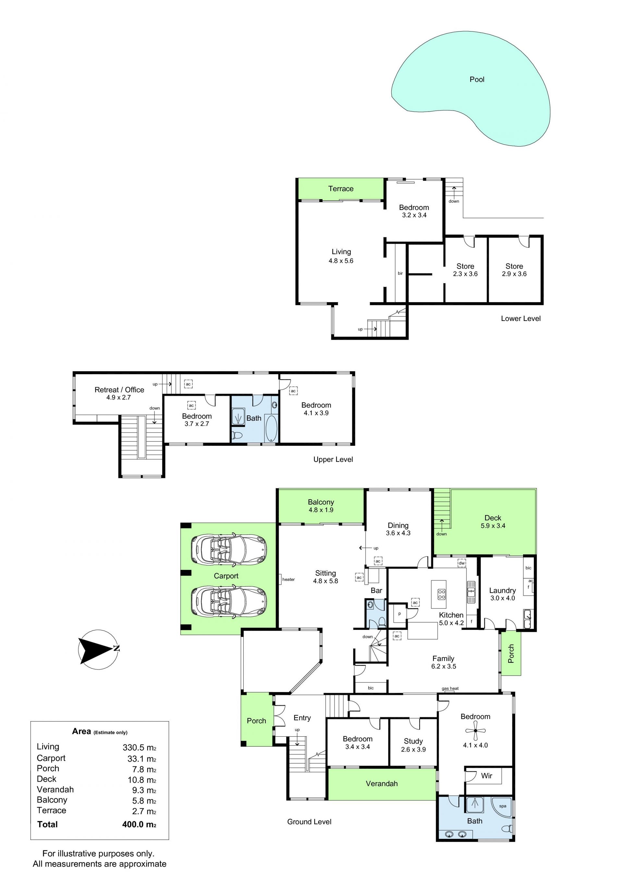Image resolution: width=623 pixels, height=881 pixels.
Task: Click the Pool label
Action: click(x=477, y=80)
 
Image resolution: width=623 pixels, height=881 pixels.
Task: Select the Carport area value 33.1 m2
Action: click(x=141, y=759)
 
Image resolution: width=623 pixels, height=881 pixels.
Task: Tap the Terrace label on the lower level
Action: click(x=341, y=189)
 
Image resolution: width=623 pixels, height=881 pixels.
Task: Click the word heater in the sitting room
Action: click(x=288, y=580)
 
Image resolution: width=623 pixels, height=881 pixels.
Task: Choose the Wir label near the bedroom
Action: click(x=486, y=776)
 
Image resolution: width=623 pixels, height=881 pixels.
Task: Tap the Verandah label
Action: click(x=382, y=784)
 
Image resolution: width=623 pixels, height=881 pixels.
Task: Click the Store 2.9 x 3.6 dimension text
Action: click(x=514, y=274)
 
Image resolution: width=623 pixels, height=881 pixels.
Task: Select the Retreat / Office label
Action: click(x=119, y=390)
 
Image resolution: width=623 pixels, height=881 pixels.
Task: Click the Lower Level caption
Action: click(x=520, y=318)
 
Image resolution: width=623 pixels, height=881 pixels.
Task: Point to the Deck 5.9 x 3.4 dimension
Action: click(x=493, y=526)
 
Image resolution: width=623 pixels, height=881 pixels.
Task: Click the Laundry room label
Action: click(x=502, y=591)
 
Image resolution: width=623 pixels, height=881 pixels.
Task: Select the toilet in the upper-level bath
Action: click(x=237, y=435)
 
